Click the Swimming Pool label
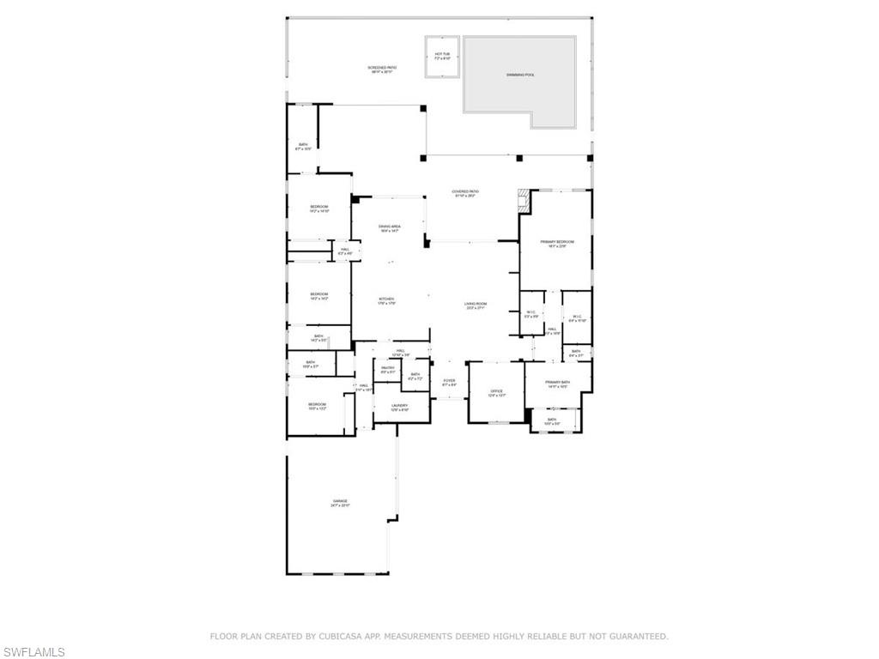(519, 76)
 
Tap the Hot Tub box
(442, 57)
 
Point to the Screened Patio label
(382, 69)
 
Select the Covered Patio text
(466, 193)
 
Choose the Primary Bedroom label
(557, 244)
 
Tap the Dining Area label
(390, 228)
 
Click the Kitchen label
(386, 300)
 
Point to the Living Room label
(476, 305)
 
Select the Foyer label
(449, 382)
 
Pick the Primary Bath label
(558, 384)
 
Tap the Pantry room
(387, 370)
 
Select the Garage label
(340, 503)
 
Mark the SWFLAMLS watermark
(33, 653)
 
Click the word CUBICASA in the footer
(351, 637)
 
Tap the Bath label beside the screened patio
(302, 146)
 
